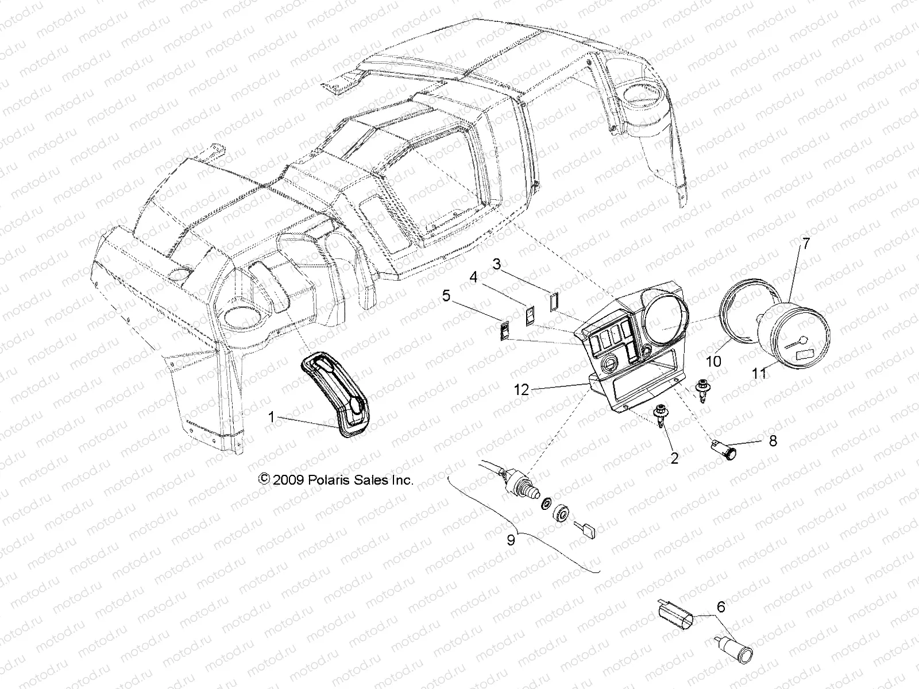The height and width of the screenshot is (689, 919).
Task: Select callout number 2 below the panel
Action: (674, 458)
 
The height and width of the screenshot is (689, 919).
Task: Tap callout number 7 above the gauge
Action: (822, 243)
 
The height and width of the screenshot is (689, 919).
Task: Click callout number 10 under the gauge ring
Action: (713, 362)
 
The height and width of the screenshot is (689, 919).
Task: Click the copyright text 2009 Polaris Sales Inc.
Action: (336, 479)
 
